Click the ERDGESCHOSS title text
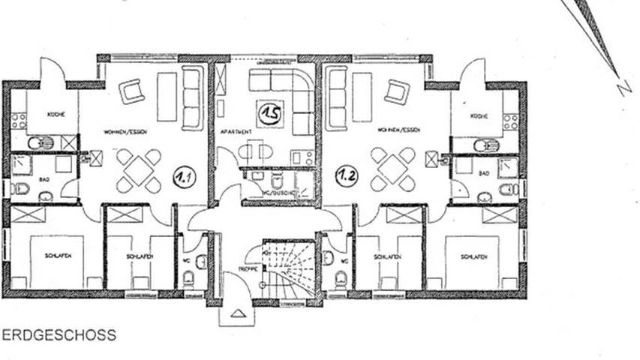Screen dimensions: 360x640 click(59, 335)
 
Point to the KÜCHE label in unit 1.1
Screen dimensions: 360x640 click(56, 114)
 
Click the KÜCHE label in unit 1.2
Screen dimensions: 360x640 click(479, 116)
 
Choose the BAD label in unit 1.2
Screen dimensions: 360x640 click(485, 173)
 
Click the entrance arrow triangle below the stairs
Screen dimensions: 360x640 click(238, 313)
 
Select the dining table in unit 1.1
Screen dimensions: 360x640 click(139, 170)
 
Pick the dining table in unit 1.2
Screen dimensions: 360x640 click(392, 169)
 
